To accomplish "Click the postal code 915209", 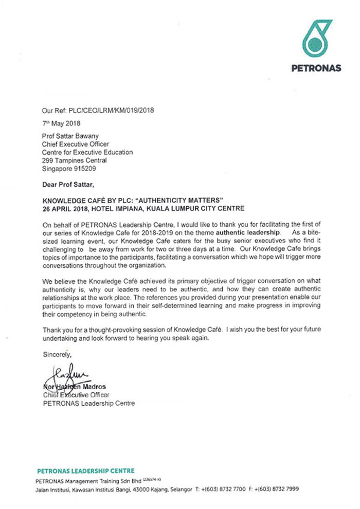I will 84,168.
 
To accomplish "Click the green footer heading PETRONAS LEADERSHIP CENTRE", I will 86,470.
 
